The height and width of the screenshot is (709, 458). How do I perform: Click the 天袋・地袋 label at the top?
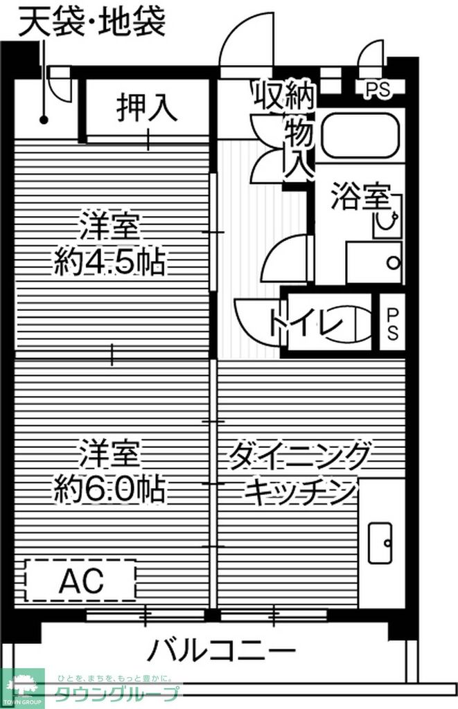tap(91, 21)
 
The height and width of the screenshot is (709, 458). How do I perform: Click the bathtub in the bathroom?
tap(361, 134)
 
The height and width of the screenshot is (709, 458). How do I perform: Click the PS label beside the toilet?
tap(392, 323)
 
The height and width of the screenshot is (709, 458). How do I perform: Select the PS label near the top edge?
tap(378, 89)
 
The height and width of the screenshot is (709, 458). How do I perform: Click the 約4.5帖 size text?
tap(110, 261)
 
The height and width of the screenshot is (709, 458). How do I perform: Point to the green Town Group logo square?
tap(22, 688)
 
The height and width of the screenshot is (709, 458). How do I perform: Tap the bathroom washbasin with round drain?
tap(375, 262)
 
